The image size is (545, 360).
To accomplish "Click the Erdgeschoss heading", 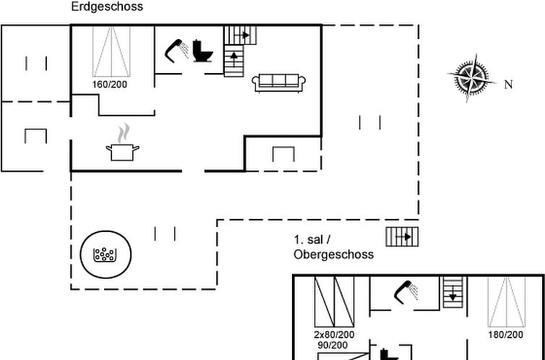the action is tap(107, 7).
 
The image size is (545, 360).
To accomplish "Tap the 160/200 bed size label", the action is tap(109, 85).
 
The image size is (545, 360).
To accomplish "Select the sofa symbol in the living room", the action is tap(279, 82).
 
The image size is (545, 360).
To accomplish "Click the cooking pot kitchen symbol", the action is tap(122, 142).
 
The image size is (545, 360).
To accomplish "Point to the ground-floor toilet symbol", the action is tap(202, 51).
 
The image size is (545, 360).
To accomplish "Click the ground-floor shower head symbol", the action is tap(176, 51).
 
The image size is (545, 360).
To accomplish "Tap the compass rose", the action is tap(471, 78).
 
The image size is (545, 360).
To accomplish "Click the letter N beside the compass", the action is tap(508, 85).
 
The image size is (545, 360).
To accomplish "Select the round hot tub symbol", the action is tap(106, 254).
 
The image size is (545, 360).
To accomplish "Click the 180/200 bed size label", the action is tap(505, 335).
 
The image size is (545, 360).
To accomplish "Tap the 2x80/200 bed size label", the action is tap(335, 335).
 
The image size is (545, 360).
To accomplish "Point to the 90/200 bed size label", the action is tap(332, 346).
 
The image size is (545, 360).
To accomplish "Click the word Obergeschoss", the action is tap(334, 254).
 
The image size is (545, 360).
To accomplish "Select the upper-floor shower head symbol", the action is tap(406, 292).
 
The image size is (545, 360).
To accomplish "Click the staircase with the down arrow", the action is tap(453, 292).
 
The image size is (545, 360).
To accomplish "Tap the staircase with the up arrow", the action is tap(233, 61).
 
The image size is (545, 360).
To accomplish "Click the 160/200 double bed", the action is tap(111, 51).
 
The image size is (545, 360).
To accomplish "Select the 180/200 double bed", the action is tap(507, 301).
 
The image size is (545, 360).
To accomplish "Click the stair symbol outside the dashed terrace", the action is tap(402, 236).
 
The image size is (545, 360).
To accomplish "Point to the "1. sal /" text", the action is tap(312, 240).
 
